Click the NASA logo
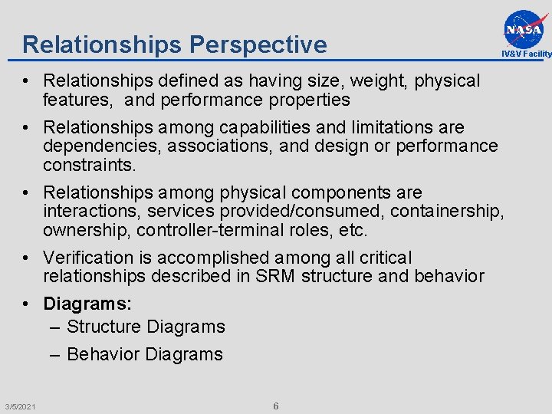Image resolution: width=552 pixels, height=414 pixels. click(x=525, y=28)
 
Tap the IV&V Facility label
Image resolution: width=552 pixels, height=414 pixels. click(x=527, y=54)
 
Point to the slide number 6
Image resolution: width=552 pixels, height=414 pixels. click(x=276, y=406)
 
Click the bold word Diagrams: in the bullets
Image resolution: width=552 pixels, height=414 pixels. click(x=87, y=304)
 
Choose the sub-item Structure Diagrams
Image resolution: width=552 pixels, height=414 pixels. click(x=146, y=327)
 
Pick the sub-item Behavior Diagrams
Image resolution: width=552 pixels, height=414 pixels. click(x=145, y=354)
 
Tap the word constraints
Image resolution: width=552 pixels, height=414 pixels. click(x=89, y=165)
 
